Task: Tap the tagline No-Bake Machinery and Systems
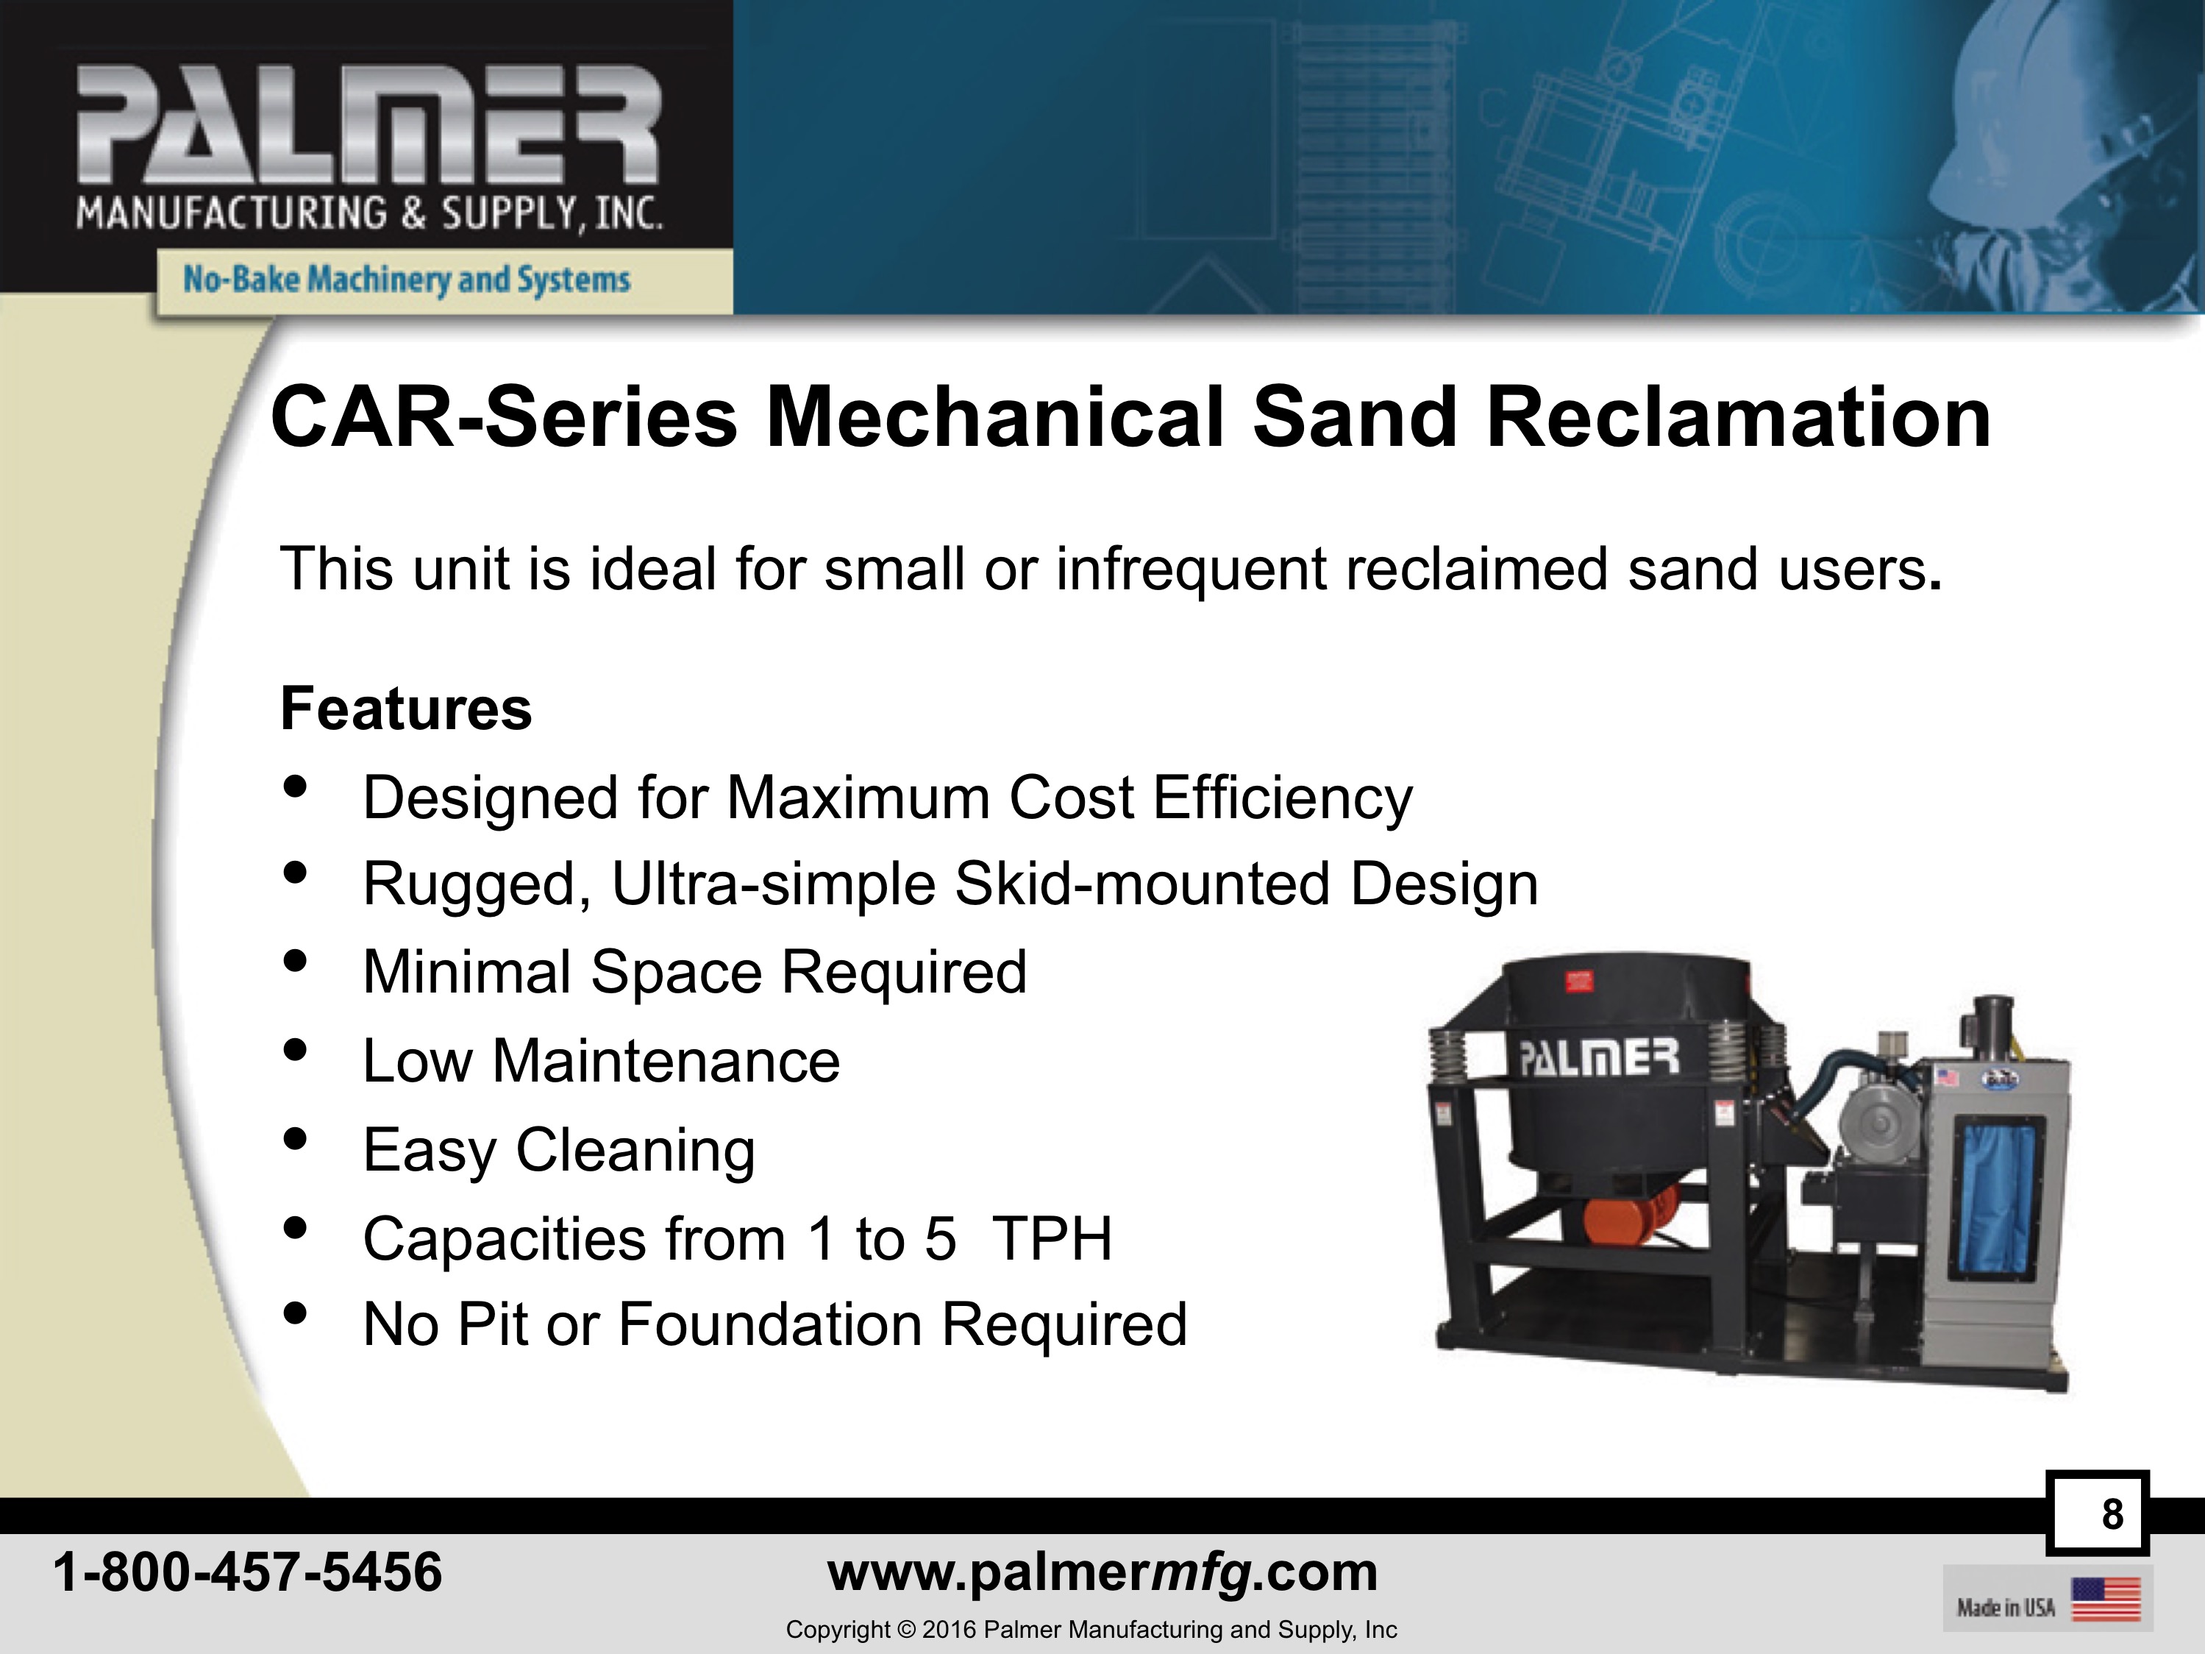point(407,279)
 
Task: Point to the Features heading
point(407,708)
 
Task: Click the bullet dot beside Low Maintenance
point(294,1050)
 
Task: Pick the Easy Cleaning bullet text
point(559,1151)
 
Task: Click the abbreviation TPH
point(1052,1238)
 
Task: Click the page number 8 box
point(2098,1513)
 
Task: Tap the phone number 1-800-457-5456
point(247,1573)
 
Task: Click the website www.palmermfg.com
point(1102,1573)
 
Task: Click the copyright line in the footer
point(1091,1630)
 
